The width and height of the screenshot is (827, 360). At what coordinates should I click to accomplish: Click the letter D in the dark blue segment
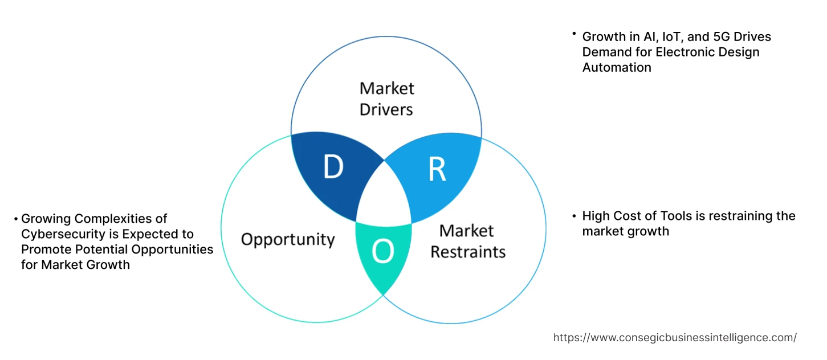tap(333, 167)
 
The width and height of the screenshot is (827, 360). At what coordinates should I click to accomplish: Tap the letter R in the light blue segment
tap(437, 170)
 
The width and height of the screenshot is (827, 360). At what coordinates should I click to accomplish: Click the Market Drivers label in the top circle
tap(386, 99)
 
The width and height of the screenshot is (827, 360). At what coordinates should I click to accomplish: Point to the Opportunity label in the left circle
tap(288, 239)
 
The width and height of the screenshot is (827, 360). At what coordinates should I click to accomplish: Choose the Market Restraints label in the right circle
tap(467, 241)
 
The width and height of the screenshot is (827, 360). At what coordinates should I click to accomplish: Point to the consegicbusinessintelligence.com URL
tap(675, 337)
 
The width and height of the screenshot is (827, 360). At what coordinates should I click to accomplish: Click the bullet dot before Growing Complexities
tap(16, 219)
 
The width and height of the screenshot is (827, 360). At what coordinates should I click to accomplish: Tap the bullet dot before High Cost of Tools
tap(574, 215)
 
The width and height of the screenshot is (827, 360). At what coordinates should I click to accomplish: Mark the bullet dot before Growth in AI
tap(574, 35)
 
